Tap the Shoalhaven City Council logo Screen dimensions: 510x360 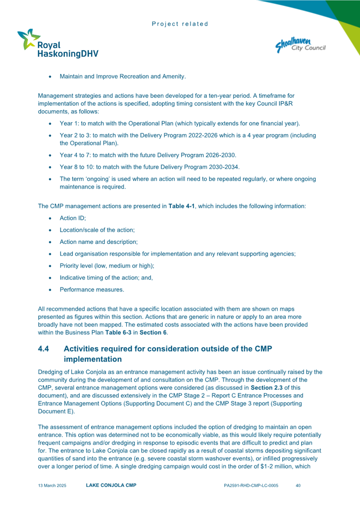[x=301, y=44]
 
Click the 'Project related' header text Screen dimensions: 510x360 [x=180, y=24]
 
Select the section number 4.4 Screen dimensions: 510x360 [x=43, y=349]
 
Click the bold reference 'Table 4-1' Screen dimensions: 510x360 [x=181, y=206]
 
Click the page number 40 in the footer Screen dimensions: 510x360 [x=298, y=486]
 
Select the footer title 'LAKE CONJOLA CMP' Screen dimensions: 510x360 [x=111, y=486]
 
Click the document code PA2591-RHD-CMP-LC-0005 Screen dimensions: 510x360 [x=251, y=486]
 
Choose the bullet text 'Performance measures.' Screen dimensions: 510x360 [x=92, y=289]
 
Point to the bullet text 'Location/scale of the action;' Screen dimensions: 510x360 [x=97, y=230]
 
